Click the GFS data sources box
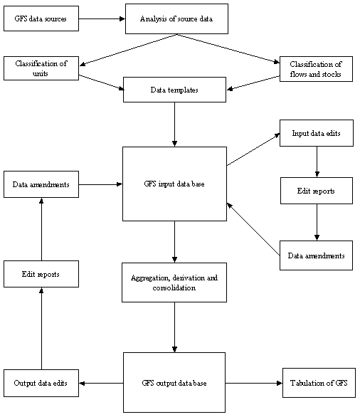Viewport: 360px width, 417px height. (41, 19)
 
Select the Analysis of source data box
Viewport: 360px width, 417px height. (176, 19)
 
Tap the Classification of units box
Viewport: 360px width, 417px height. (41, 68)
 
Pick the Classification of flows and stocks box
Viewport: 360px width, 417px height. (316, 69)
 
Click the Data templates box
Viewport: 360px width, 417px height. (174, 90)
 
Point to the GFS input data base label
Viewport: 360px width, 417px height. (174, 184)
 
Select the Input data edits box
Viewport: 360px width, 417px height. (316, 133)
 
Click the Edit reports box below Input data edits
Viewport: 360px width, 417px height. (316, 191)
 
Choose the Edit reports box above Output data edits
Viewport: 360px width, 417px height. (41, 274)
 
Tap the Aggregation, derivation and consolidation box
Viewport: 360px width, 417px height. (174, 282)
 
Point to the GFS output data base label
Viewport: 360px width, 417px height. (174, 383)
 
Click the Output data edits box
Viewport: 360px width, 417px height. (41, 383)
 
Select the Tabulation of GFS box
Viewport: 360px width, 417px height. (318, 383)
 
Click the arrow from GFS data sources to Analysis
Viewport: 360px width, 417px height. (101, 19)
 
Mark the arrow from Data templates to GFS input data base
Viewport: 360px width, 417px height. (174, 125)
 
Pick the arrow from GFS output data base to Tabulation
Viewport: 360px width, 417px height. (254, 383)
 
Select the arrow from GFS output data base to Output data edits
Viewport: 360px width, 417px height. (101, 383)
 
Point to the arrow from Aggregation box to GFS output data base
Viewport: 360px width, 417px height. (174, 327)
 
